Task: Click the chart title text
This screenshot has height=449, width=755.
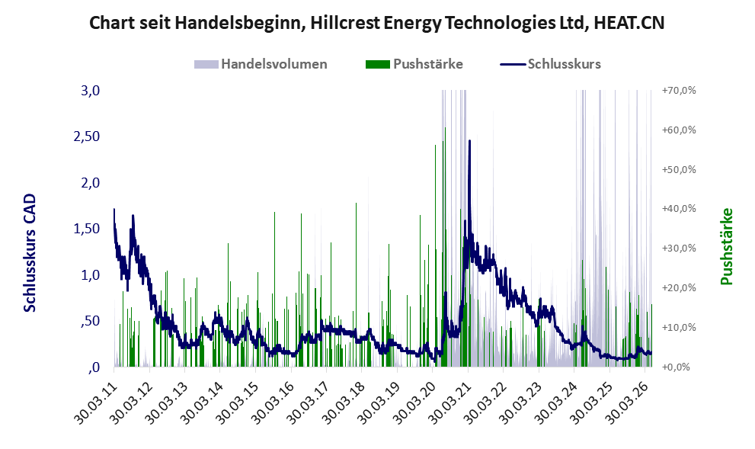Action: [x=376, y=23]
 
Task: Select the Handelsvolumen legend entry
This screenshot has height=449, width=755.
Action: [x=261, y=64]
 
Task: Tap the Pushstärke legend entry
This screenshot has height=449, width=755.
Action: [x=414, y=64]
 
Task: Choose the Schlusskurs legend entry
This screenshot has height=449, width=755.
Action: [x=550, y=64]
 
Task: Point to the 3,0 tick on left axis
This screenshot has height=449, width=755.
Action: [x=90, y=90]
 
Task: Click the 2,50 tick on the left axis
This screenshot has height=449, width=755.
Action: [x=87, y=136]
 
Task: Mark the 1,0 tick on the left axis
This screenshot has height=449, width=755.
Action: [x=90, y=274]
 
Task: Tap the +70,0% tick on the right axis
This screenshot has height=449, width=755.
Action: [x=679, y=90]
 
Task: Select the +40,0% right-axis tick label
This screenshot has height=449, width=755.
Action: [x=679, y=209]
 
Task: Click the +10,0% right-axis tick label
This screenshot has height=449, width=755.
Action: [x=679, y=327]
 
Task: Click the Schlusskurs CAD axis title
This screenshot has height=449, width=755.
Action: [x=30, y=252]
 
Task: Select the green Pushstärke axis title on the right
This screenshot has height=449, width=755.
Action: [x=727, y=246]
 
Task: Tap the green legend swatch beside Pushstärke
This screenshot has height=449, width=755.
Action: [x=378, y=64]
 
